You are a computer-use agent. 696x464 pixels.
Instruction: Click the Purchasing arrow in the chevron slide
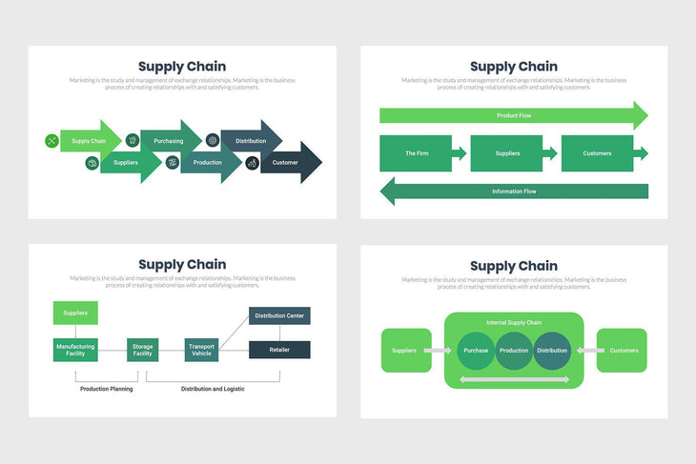click(169, 141)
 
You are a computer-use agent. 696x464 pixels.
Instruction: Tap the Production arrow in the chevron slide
click(208, 163)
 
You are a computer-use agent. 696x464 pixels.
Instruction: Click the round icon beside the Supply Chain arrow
click(51, 141)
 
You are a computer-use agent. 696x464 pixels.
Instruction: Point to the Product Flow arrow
click(513, 115)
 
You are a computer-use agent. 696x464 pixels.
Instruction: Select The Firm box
click(417, 153)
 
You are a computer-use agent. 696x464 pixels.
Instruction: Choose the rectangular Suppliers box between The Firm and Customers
click(507, 153)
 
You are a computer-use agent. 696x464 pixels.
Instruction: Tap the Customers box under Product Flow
click(597, 153)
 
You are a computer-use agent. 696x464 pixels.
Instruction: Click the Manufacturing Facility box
click(75, 350)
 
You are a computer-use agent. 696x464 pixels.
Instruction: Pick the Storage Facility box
click(142, 350)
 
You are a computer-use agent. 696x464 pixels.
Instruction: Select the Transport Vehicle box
click(201, 350)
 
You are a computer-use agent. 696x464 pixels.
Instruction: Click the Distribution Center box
click(279, 315)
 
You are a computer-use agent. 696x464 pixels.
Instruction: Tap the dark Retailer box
click(279, 350)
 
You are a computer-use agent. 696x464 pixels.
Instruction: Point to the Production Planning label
click(107, 389)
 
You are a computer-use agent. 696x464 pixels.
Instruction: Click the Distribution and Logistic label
click(213, 389)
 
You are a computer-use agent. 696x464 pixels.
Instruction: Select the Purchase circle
click(476, 351)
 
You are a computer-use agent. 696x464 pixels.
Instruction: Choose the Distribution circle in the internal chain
click(551, 351)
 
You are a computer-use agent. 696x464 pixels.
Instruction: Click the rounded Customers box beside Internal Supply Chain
click(623, 351)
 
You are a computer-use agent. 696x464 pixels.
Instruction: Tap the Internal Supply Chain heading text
click(513, 322)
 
